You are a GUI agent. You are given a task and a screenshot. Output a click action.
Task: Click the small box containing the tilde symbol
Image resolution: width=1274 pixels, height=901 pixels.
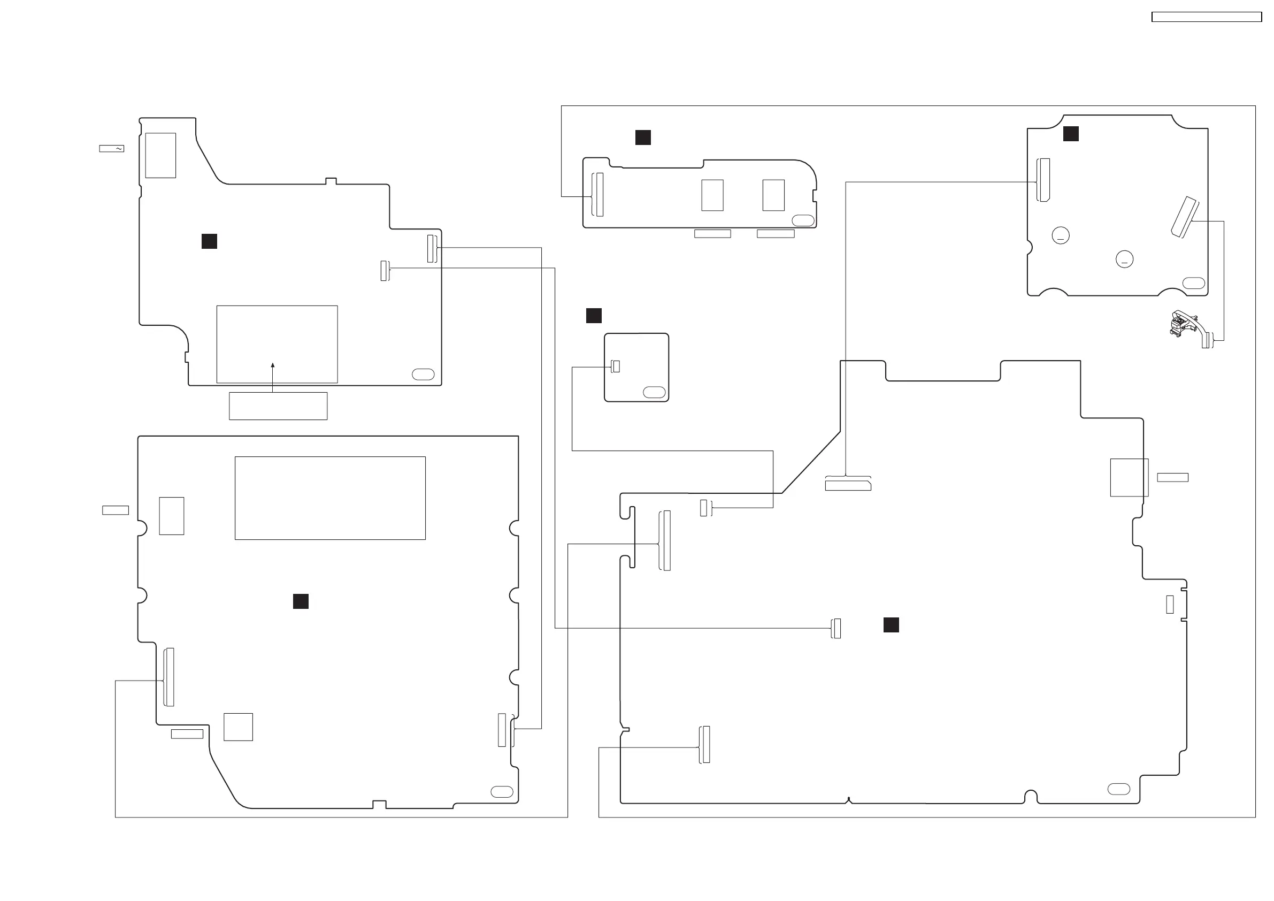(112, 149)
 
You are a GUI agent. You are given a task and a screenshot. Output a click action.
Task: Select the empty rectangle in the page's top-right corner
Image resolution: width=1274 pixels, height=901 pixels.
(1206, 17)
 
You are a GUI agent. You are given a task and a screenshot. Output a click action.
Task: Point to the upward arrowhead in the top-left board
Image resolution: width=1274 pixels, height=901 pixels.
(272, 365)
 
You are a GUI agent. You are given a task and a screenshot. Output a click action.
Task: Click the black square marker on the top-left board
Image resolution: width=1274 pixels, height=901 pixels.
(209, 241)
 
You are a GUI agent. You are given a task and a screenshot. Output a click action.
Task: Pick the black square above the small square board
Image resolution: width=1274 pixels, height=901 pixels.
(594, 316)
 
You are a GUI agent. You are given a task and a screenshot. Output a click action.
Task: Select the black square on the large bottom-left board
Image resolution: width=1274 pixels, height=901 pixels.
(301, 601)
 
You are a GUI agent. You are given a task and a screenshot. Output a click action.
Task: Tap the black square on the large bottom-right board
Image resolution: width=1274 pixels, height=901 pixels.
(891, 625)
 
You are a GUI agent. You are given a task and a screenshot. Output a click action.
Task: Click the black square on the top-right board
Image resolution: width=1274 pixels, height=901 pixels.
(1071, 134)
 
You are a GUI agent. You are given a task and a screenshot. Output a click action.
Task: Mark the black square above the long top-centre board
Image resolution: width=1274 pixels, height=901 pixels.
(643, 138)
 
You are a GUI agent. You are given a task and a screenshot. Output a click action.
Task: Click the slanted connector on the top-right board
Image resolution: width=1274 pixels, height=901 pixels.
(1185, 217)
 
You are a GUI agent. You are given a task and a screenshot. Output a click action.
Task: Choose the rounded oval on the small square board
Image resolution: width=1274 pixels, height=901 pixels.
(654, 393)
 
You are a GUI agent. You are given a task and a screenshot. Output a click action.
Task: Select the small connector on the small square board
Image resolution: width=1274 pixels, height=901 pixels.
(616, 366)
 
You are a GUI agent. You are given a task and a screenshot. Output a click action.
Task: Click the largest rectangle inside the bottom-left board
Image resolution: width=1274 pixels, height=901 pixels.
(330, 498)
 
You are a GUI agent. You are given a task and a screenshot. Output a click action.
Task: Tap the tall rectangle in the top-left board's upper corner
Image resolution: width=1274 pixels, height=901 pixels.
(160, 156)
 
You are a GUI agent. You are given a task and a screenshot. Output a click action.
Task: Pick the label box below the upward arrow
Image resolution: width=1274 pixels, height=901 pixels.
(278, 406)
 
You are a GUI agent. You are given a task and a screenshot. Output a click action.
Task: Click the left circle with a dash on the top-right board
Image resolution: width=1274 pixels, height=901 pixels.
(1061, 235)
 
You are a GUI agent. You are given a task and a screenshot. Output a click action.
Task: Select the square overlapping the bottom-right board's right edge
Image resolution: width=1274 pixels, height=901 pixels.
(1129, 477)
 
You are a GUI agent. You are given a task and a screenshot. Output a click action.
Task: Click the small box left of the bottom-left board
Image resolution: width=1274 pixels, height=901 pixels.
(116, 510)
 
